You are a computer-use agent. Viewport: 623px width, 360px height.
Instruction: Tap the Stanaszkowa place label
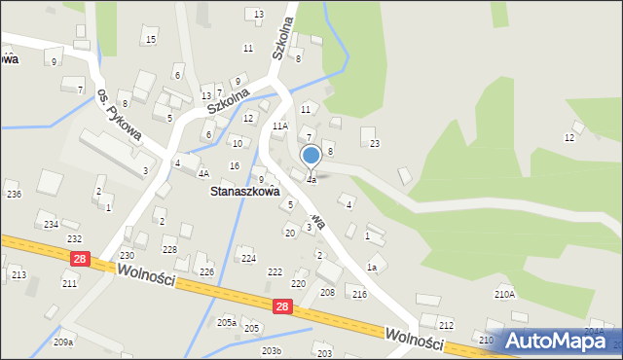(246, 192)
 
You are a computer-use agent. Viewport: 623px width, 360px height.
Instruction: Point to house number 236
(14, 195)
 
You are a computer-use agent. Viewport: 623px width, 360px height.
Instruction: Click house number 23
(374, 144)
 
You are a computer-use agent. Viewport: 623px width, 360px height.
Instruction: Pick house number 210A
(504, 294)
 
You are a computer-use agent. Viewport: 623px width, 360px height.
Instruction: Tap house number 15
(149, 39)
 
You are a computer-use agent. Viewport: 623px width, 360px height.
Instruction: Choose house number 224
(248, 258)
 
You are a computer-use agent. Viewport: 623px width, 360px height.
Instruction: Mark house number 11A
(280, 126)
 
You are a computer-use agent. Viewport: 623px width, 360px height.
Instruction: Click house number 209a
(63, 342)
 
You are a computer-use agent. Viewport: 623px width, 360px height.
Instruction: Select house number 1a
(371, 268)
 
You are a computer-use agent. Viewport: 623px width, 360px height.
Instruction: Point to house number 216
(359, 294)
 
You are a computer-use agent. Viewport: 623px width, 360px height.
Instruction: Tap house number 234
(51, 225)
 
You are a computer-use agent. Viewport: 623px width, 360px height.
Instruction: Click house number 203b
(272, 351)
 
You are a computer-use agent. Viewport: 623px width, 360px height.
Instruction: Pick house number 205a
(227, 322)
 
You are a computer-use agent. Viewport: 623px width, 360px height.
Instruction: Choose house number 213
(18, 275)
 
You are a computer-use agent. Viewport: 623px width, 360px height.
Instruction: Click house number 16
(235, 166)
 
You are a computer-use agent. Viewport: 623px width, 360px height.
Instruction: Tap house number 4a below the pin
(311, 180)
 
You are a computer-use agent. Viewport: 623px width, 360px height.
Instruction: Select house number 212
(446, 325)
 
